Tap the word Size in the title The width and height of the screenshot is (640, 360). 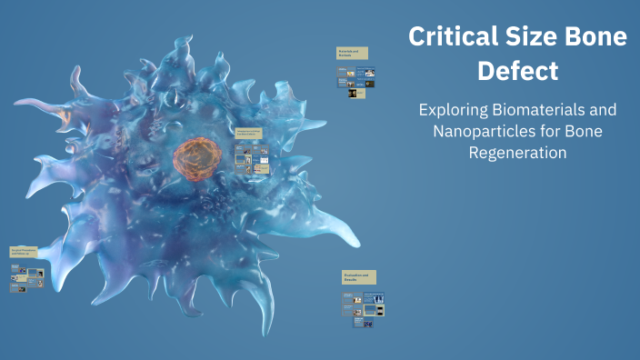pos(531,37)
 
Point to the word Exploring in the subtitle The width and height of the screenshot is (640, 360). pos(453,110)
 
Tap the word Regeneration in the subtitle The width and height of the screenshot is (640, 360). pos(518,153)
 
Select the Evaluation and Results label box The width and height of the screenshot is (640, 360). pos(359,276)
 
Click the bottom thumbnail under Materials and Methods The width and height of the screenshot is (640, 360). pos(359,93)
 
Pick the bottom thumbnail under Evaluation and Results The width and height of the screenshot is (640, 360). pos(368,324)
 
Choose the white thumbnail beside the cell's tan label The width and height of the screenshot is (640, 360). pos(263,164)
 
